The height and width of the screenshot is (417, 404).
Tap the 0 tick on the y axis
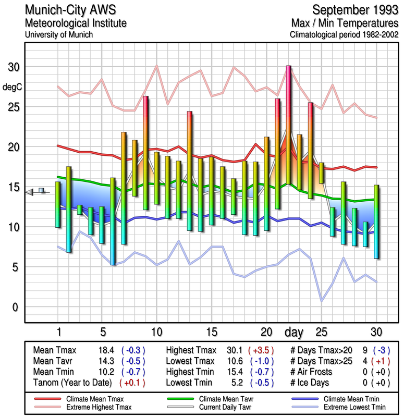pos(16,307)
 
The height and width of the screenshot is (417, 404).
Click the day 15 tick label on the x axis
pos(212,332)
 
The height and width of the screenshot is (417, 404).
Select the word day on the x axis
pos(295,332)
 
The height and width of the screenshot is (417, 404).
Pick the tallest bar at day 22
pos(288,125)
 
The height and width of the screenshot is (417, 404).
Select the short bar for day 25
pos(322,173)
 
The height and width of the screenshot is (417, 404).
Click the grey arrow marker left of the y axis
pos(30,192)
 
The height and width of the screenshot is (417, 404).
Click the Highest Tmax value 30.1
pos(232,350)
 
